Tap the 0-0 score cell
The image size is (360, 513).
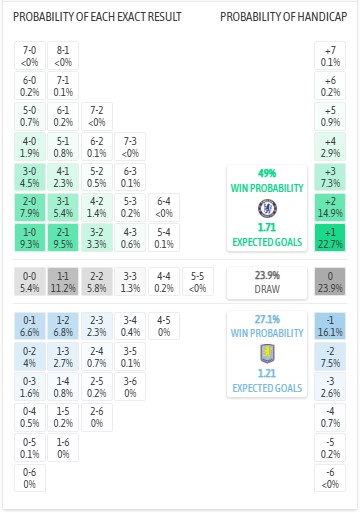pyautogui.click(x=30, y=282)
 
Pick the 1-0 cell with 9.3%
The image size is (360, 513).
pyautogui.click(x=30, y=237)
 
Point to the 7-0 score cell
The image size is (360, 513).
pyautogui.click(x=30, y=56)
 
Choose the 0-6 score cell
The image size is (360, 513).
pyautogui.click(x=30, y=478)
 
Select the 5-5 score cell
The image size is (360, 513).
pyautogui.click(x=198, y=282)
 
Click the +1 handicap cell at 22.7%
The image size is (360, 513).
pyautogui.click(x=330, y=237)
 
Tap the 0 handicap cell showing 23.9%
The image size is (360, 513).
pyautogui.click(x=330, y=282)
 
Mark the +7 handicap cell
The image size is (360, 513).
pyautogui.click(x=330, y=56)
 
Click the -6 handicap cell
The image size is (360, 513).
pyautogui.click(x=330, y=478)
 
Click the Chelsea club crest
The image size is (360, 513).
pyautogui.click(x=267, y=208)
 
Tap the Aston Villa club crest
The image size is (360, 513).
pyautogui.click(x=267, y=352)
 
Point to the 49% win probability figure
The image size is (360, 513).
pyautogui.click(x=267, y=172)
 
